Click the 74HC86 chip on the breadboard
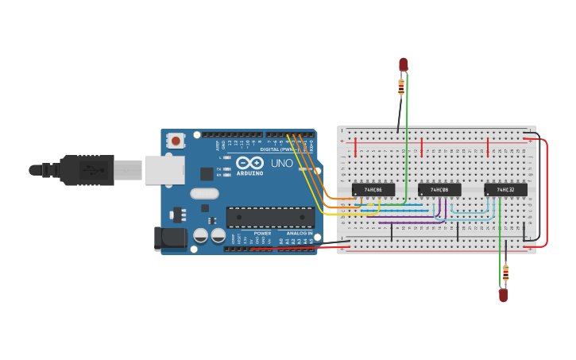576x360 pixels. [x=373, y=190]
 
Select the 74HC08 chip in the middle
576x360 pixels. [x=439, y=190]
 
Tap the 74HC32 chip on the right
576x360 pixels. [x=505, y=190]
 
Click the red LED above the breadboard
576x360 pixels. [x=403, y=64]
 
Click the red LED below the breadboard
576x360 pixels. [x=503, y=295]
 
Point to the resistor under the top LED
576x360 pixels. [x=401, y=86]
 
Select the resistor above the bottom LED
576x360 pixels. [x=505, y=273]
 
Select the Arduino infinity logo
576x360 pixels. [x=249, y=162]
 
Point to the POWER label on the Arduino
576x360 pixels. [x=262, y=233]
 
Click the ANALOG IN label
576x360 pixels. [x=299, y=233]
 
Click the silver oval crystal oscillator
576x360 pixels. [x=204, y=193]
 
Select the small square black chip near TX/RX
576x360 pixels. [x=207, y=173]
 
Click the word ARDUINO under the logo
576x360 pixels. [x=249, y=172]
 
